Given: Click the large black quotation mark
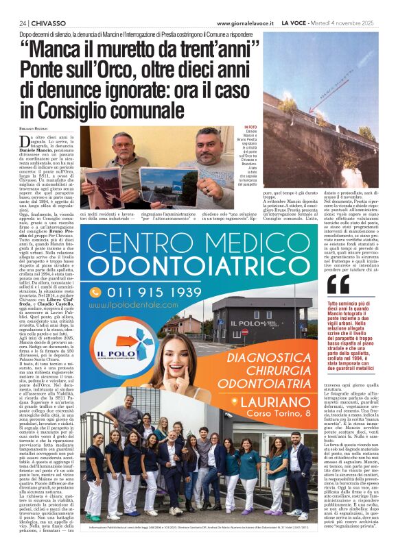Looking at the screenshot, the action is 338,284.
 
